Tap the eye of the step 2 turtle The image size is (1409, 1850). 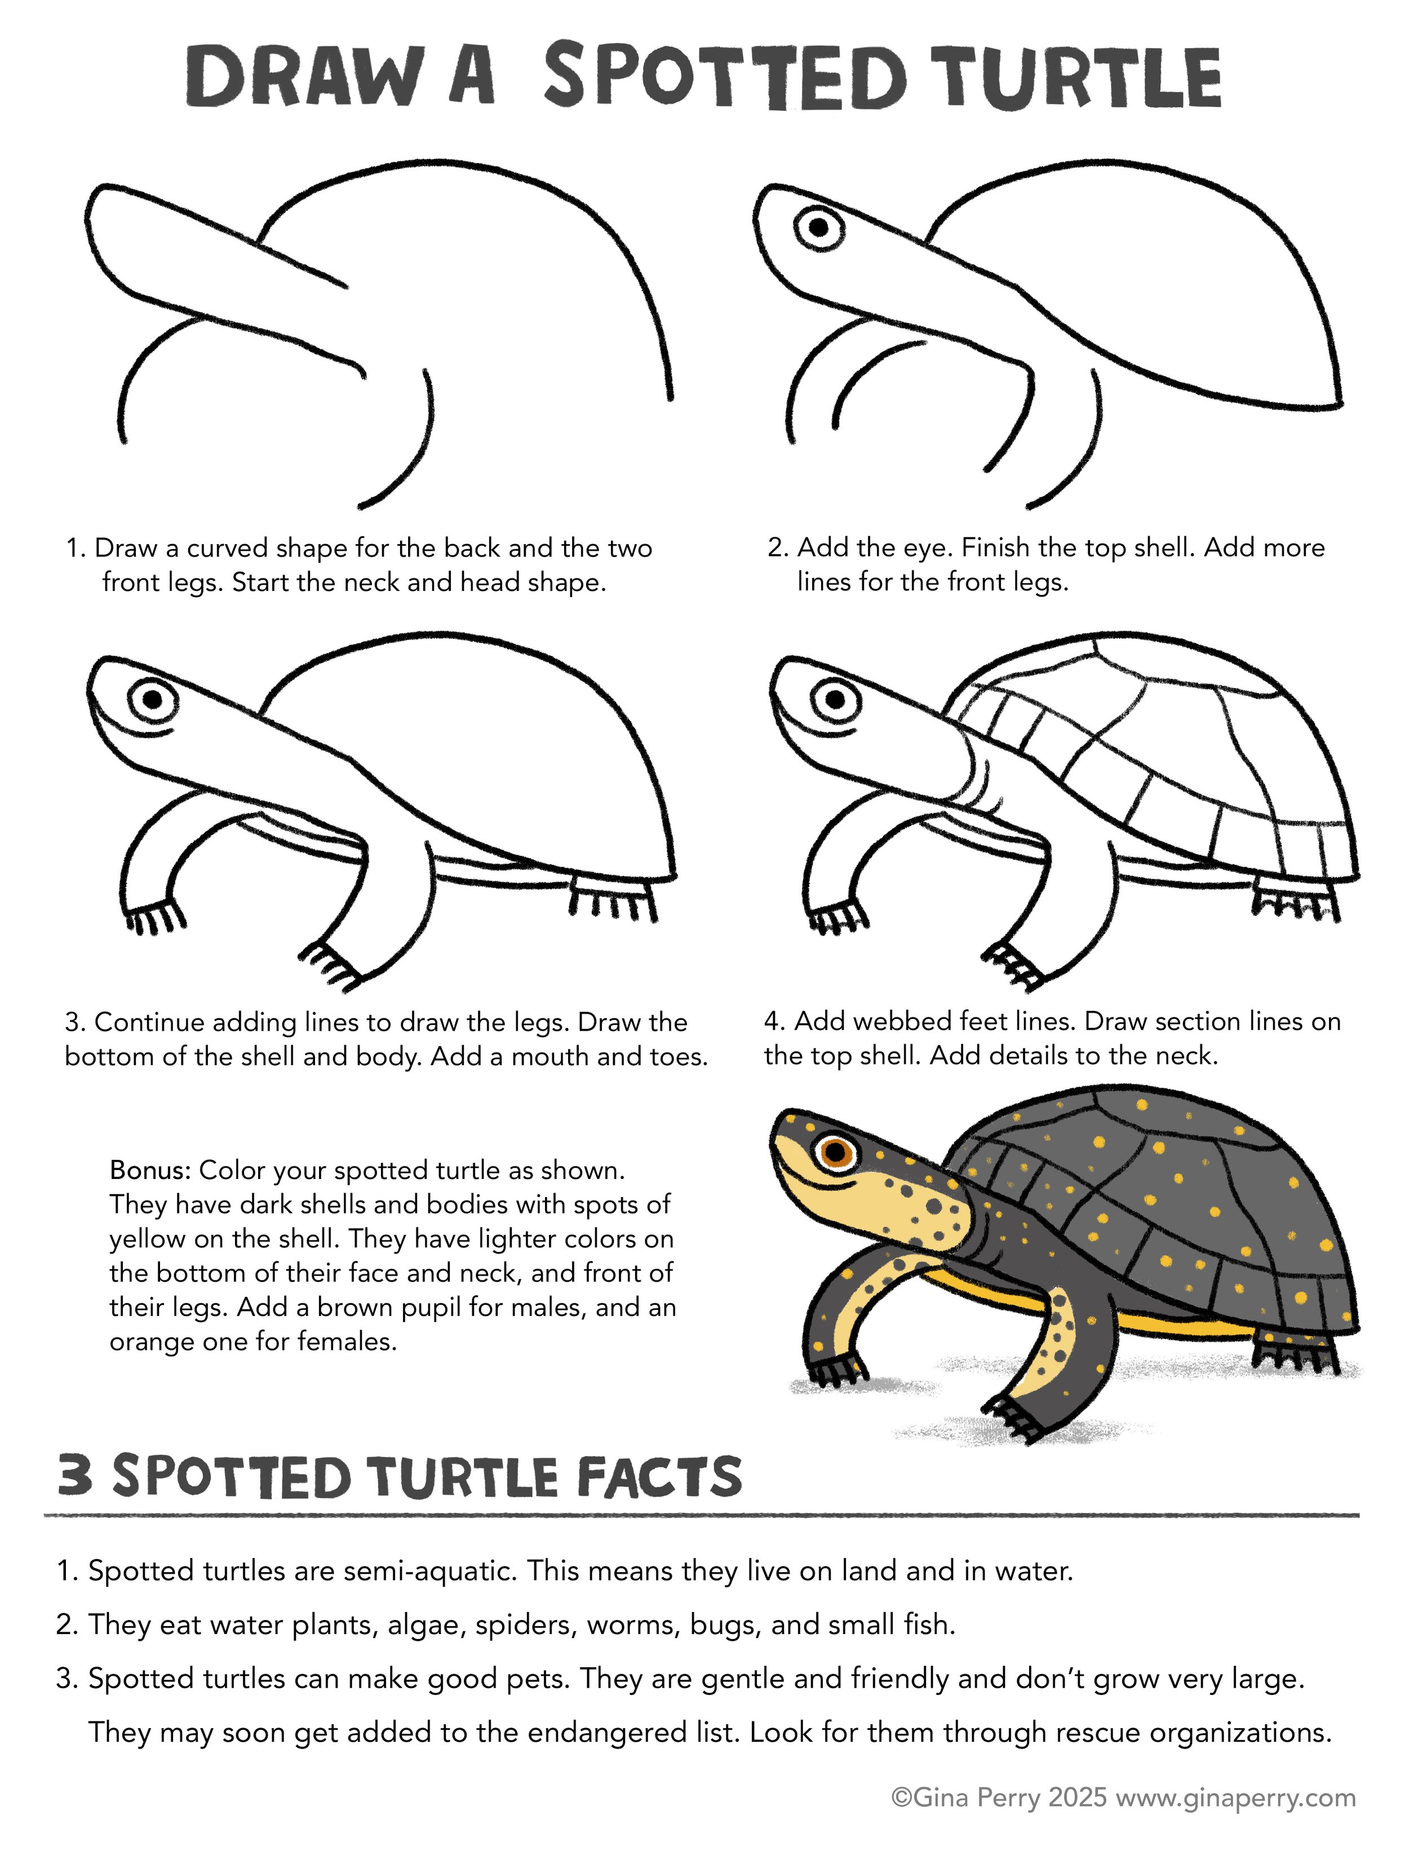coord(818,227)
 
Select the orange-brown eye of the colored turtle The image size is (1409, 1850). coord(835,1151)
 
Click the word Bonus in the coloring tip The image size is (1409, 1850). coord(149,1169)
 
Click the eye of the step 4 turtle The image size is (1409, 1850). coord(835,698)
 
